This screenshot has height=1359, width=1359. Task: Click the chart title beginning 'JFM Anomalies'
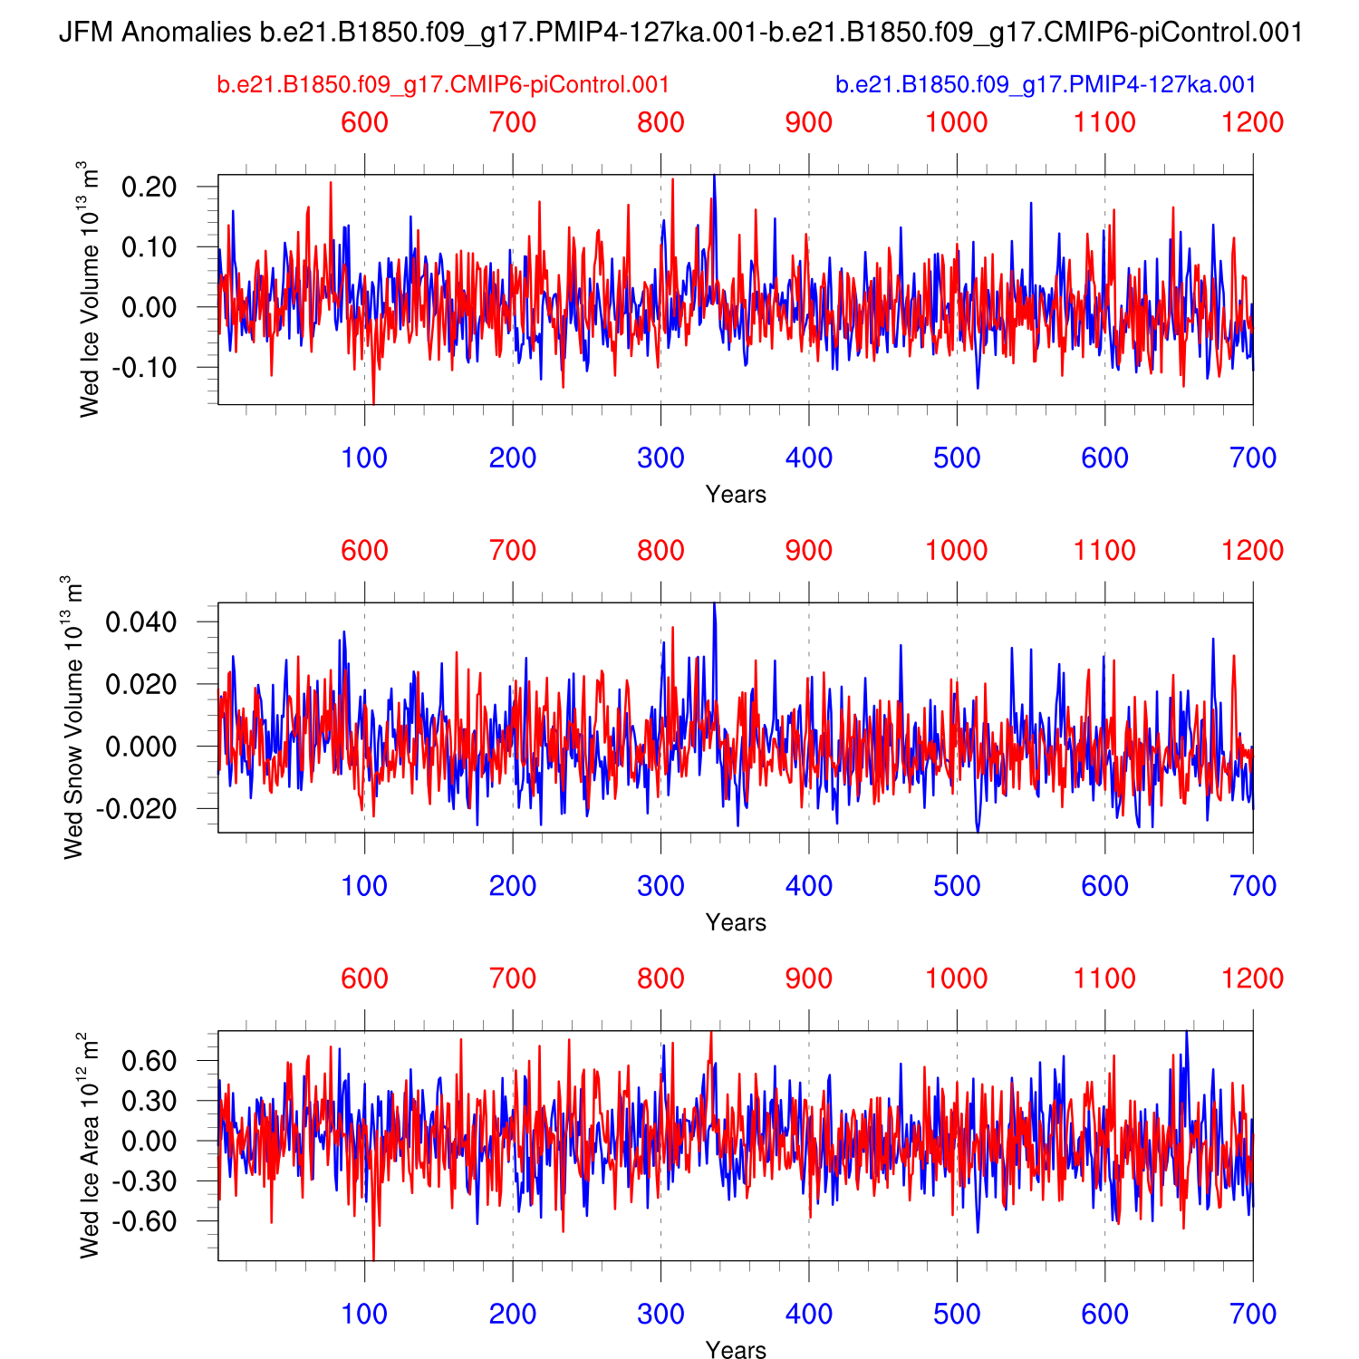(x=679, y=33)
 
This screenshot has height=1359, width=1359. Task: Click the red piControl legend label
(x=443, y=85)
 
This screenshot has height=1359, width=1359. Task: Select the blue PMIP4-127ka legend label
(x=1046, y=85)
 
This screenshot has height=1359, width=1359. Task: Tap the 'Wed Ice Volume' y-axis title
(x=89, y=290)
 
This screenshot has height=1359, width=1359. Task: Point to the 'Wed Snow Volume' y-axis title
(x=73, y=718)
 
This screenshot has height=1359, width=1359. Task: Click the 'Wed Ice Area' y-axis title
(x=89, y=1145)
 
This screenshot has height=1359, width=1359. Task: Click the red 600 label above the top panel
(x=364, y=122)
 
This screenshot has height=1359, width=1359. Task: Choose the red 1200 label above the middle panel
(x=1252, y=551)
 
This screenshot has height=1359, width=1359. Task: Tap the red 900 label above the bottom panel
(x=808, y=978)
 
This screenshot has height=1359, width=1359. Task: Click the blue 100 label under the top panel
(x=364, y=458)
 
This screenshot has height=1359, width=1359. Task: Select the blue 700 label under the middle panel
(x=1252, y=886)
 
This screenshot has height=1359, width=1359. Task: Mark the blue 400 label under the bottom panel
(x=808, y=1314)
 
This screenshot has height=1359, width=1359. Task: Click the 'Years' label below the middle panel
(x=736, y=922)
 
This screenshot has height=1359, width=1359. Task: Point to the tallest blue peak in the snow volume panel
(x=714, y=604)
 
